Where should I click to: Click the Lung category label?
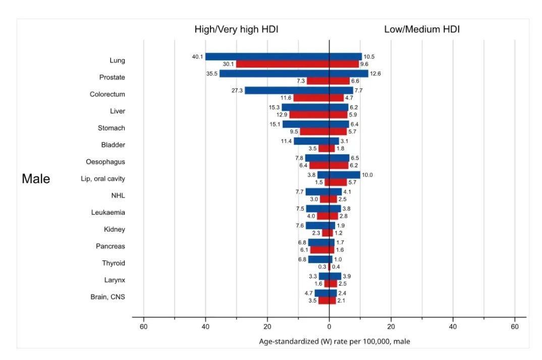[117, 61]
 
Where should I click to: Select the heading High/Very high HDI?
[236, 30]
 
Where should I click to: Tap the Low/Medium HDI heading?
[422, 30]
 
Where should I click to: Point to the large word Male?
[36, 179]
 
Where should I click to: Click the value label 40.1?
[197, 57]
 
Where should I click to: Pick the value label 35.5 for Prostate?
[211, 74]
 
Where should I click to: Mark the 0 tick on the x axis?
[329, 326]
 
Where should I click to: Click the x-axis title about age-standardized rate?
[335, 342]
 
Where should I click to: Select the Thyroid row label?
[114, 263]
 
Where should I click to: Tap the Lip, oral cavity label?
[103, 179]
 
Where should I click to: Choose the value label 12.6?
[375, 74]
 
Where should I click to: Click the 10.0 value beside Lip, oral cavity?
[368, 175]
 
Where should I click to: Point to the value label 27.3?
[237, 91]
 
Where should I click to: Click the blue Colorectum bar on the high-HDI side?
[287, 91]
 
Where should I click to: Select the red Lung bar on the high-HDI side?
[283, 64]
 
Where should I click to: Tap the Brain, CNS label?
[107, 297]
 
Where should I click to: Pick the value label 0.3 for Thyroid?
[322, 267]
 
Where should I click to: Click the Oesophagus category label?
[105, 162]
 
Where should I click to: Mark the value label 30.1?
[229, 64]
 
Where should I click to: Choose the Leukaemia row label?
[108, 213]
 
